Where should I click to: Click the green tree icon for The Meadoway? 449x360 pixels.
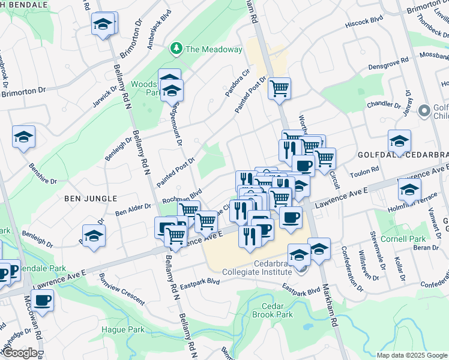click(176, 48)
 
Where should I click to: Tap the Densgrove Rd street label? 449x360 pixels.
click(388, 62)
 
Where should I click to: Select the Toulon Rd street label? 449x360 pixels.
click(363, 172)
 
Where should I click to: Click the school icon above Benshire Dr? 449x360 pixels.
click(23, 137)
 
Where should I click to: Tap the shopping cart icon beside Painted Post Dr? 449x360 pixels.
click(279, 89)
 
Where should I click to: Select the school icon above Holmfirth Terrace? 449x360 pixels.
click(409, 190)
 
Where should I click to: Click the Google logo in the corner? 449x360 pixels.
click(20, 353)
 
